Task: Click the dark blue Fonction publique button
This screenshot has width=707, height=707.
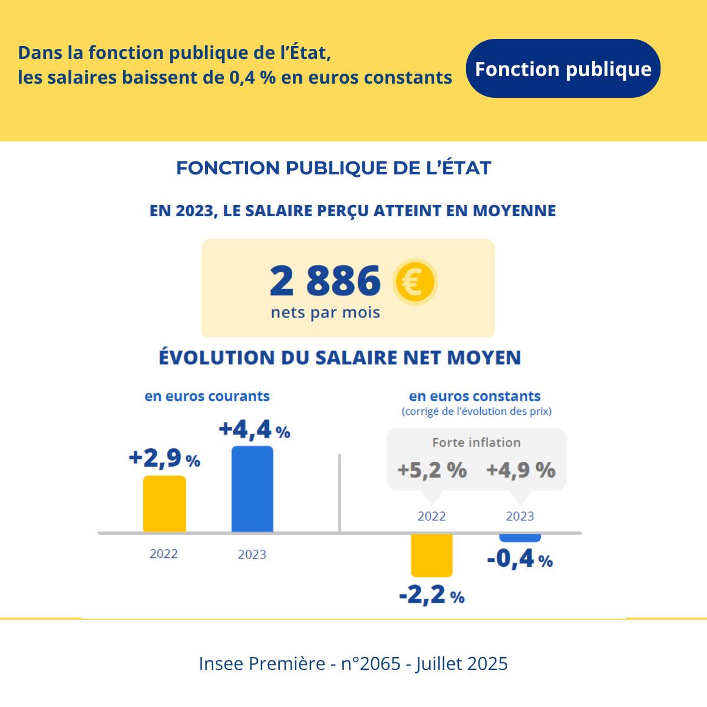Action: pos(563,68)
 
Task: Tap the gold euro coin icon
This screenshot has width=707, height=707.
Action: pos(415,282)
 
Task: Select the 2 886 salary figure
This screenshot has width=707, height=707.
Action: pos(325,280)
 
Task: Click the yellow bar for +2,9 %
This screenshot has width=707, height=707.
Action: pos(164,504)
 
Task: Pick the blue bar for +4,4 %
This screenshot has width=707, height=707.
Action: pos(252,489)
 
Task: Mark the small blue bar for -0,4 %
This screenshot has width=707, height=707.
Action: pos(520,537)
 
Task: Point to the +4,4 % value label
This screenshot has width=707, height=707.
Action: pos(254,430)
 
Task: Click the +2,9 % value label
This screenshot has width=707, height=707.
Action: pos(164,458)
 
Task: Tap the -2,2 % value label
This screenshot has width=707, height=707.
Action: pos(432,596)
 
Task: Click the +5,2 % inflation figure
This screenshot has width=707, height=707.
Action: pos(432,470)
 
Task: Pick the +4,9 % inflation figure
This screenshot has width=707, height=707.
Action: pos(520,470)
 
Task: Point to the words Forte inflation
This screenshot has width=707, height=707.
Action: pos(476,442)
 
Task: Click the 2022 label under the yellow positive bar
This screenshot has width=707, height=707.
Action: pos(163,554)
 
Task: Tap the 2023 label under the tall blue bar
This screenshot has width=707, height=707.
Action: pos(252,554)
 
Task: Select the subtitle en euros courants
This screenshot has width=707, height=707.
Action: pos(207,396)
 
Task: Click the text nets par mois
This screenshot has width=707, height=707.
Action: pos(325,312)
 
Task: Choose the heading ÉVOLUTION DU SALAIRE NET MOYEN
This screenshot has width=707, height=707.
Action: pos(340,358)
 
